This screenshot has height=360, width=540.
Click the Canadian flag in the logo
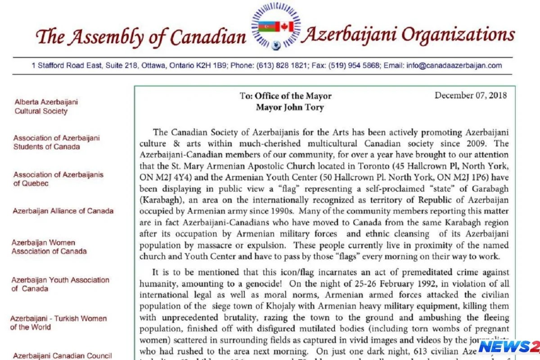(x=284, y=27)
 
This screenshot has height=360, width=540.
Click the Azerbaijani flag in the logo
(x=267, y=27)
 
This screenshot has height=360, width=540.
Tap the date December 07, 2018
(x=471, y=95)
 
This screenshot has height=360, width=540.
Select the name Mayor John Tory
(x=290, y=107)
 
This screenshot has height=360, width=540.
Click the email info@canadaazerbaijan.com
(x=454, y=65)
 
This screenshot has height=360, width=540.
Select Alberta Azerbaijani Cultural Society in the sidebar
(x=45, y=106)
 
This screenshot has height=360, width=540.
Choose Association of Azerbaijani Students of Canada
(x=56, y=142)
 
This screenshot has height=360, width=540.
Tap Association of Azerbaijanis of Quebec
(x=58, y=179)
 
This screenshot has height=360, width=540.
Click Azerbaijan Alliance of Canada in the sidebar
(x=63, y=211)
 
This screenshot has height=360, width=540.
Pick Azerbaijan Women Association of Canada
(x=49, y=247)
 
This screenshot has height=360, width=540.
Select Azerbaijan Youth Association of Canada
(x=60, y=284)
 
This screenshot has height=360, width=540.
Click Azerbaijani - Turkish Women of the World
(x=58, y=323)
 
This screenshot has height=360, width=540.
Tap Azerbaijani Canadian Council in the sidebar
(x=62, y=355)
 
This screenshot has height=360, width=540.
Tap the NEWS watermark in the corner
(x=508, y=347)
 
